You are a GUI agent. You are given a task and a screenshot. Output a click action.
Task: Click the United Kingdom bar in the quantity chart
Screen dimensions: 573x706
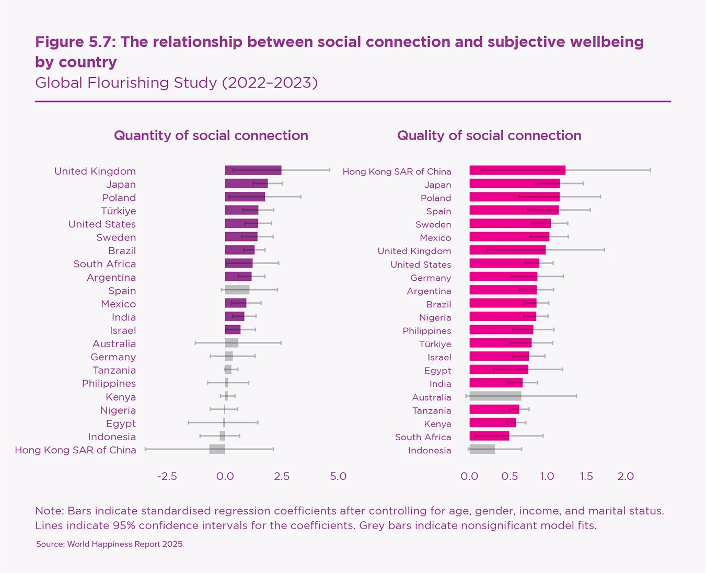click(x=253, y=170)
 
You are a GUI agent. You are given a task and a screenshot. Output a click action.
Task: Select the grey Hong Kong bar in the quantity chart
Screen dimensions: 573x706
click(x=217, y=449)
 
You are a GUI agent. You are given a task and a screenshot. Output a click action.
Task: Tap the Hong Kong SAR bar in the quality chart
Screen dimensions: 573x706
click(x=517, y=170)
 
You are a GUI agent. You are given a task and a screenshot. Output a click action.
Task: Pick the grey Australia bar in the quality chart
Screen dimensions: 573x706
click(x=495, y=396)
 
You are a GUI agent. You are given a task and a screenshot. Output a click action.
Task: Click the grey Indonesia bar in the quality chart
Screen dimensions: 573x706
click(x=482, y=449)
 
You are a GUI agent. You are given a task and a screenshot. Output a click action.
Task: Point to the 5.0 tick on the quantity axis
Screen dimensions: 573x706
click(x=338, y=476)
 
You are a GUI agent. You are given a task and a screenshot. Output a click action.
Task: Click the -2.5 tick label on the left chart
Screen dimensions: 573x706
click(x=167, y=476)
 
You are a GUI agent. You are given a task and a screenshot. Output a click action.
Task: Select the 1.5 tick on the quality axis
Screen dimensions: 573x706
click(x=586, y=476)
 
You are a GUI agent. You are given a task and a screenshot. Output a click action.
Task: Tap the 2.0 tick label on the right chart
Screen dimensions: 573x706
click(x=626, y=476)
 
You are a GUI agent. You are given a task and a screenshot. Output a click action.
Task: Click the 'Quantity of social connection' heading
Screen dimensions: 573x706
click(x=211, y=136)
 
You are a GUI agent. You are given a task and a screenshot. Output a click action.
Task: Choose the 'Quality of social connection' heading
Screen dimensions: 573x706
click(x=489, y=136)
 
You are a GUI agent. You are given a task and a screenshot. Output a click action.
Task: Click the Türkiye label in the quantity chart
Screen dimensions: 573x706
click(x=119, y=211)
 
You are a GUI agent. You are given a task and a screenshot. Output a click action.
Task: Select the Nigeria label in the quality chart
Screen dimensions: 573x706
click(x=435, y=317)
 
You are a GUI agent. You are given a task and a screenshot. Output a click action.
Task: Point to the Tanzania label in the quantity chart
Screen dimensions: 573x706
click(x=114, y=370)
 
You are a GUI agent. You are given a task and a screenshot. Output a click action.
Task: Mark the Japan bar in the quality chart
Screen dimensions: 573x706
click(x=514, y=184)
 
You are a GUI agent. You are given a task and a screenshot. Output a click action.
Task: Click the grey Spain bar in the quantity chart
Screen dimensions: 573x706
click(x=237, y=290)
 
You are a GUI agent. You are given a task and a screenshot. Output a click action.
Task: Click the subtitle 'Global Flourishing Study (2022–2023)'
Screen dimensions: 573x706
click(x=176, y=83)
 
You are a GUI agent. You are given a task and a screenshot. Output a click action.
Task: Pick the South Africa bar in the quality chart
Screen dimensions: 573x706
click(x=489, y=436)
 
